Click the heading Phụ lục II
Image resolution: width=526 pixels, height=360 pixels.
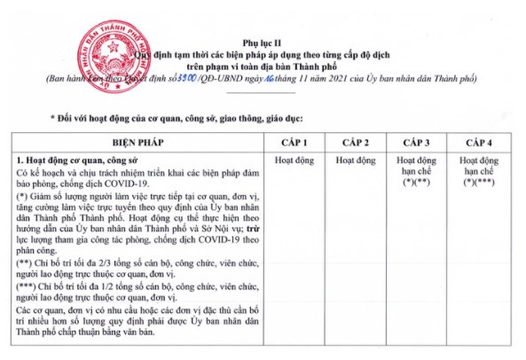(263, 41)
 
